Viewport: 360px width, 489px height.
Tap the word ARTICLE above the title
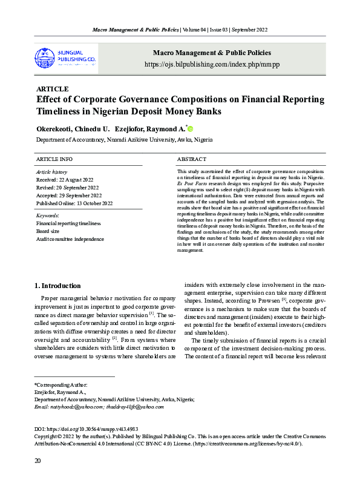point(53,89)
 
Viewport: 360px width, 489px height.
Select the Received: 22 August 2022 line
point(65,180)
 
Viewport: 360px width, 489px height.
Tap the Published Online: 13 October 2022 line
point(74,203)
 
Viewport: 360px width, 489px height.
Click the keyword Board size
point(49,231)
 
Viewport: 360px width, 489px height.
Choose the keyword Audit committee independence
point(70,239)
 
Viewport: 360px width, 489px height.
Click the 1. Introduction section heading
point(57,286)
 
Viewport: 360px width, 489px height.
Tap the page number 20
point(38,462)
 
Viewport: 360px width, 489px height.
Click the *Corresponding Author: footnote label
point(61,385)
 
